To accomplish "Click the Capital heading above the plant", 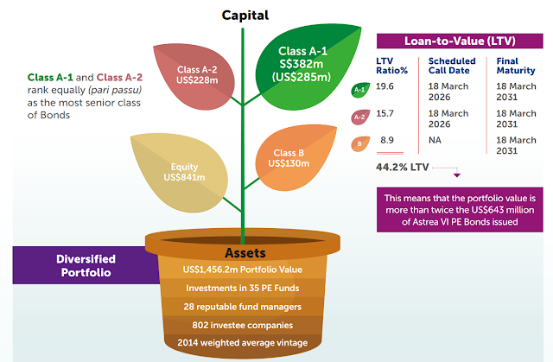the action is [x=245, y=16].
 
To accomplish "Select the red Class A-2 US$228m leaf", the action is [x=196, y=75].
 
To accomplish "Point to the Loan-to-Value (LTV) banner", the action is [x=460, y=41].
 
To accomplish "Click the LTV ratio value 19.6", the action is [x=385, y=86].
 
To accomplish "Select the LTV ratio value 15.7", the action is [x=385, y=113].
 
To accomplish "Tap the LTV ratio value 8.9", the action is [x=387, y=140].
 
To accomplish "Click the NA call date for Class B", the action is [x=435, y=140].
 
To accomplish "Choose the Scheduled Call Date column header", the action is [x=452, y=66].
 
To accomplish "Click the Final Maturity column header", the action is [x=516, y=66].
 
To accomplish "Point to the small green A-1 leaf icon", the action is [x=360, y=90].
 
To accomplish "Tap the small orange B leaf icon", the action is [x=360, y=143].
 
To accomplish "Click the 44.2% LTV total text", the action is [x=403, y=167].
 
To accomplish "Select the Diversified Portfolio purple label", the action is [x=86, y=265].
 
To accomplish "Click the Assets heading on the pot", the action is [x=245, y=253].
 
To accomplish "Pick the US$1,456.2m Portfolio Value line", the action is [x=243, y=270].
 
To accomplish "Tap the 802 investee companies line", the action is [x=243, y=325].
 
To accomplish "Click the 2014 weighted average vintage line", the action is [x=243, y=343].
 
